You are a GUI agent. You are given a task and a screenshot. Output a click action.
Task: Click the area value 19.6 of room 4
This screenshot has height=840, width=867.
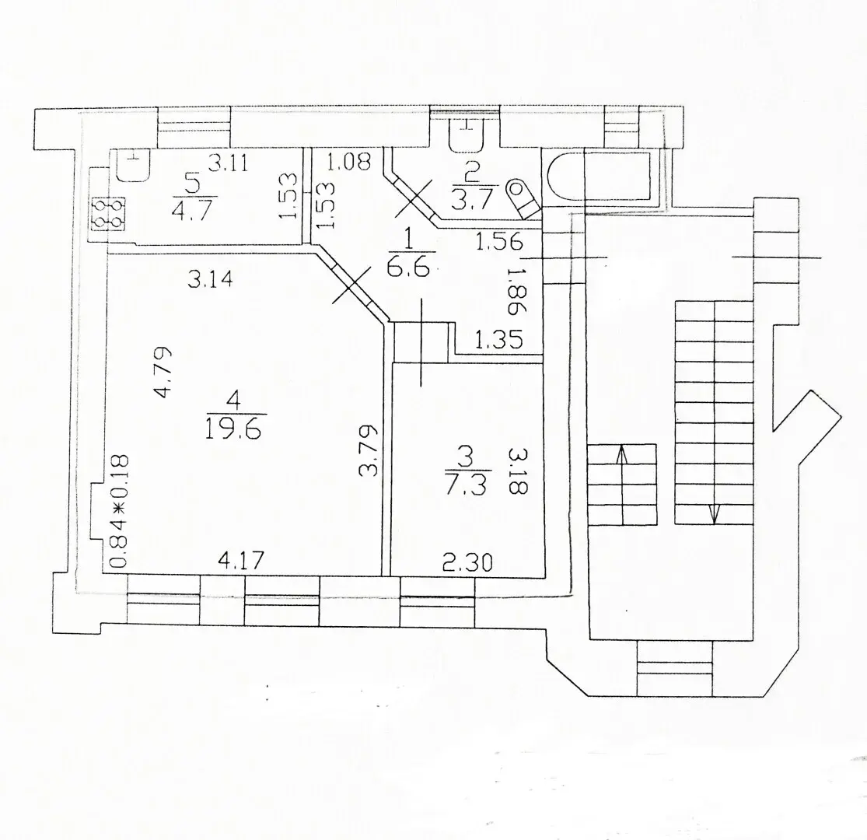[x=232, y=428]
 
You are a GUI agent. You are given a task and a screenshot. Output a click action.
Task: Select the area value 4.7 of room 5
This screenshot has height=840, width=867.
[x=192, y=211]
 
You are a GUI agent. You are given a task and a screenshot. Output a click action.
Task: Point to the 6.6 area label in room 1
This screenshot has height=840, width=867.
[x=410, y=268]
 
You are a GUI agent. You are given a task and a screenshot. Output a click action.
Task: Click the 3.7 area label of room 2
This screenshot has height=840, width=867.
[x=471, y=199]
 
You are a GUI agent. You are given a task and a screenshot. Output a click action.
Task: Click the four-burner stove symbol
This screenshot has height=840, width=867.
[x=108, y=213]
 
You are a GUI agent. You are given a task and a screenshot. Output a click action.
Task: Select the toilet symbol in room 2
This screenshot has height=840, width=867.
[x=524, y=198]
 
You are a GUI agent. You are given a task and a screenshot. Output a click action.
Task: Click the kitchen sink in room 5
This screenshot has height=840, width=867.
[x=133, y=165]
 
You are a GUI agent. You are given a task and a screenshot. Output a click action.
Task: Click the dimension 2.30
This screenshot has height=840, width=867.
[x=468, y=563]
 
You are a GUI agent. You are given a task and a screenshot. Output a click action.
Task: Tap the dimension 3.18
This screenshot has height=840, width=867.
[x=517, y=471]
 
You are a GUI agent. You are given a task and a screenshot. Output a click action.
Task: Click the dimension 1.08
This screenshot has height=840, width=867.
[x=348, y=162]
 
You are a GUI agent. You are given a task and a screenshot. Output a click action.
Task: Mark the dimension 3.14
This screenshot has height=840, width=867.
[x=210, y=278]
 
